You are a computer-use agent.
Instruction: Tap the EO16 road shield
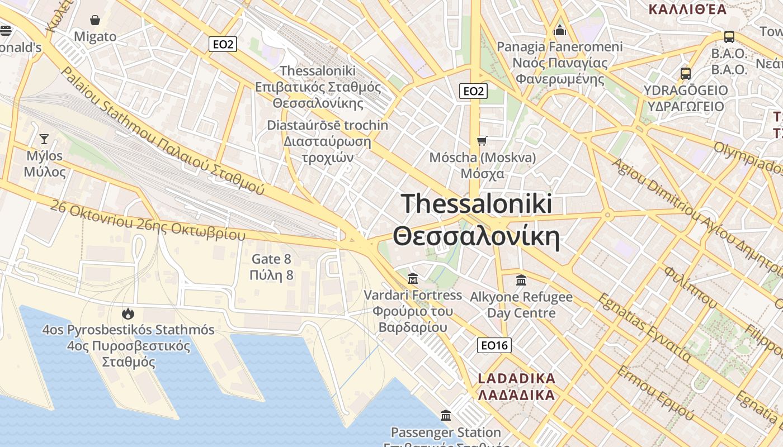coord(494,345)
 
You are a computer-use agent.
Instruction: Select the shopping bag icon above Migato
coord(95,21)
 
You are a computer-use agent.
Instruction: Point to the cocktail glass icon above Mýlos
coord(44,139)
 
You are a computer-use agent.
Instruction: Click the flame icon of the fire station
coord(128,313)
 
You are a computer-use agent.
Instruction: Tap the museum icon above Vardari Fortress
coord(413,278)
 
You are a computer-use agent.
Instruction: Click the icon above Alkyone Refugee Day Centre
coord(521,280)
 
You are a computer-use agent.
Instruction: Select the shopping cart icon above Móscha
coord(482,141)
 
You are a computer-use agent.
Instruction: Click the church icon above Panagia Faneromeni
coord(560,30)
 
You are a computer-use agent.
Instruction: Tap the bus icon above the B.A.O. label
coord(729,37)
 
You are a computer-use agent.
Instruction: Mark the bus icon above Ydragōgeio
coord(686,73)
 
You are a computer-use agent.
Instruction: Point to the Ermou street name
coord(655,394)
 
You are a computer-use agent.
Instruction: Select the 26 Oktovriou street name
coord(148,221)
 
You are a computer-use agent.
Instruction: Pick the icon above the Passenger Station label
coord(446,415)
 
